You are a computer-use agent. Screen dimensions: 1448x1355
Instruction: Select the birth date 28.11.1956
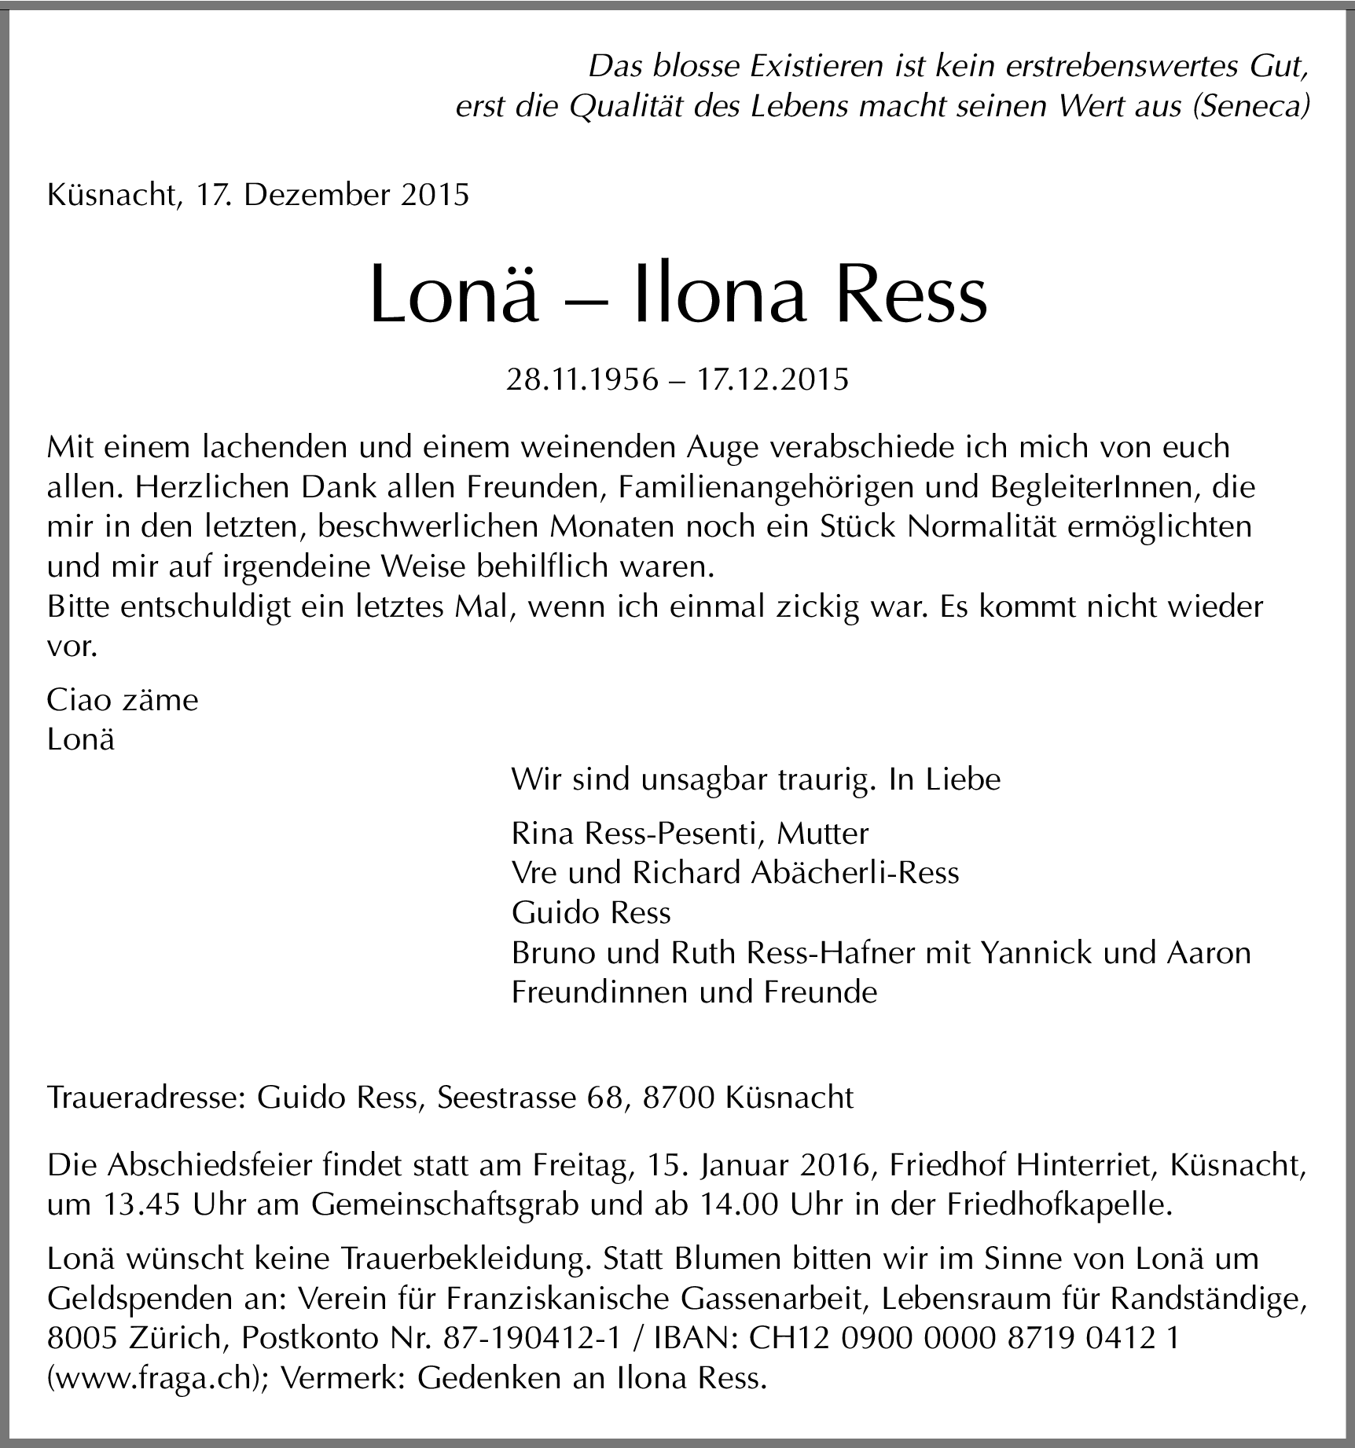click(x=582, y=379)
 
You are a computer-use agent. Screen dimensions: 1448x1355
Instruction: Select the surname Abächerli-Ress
click(x=855, y=873)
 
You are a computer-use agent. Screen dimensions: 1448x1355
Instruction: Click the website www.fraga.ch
click(x=158, y=1379)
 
